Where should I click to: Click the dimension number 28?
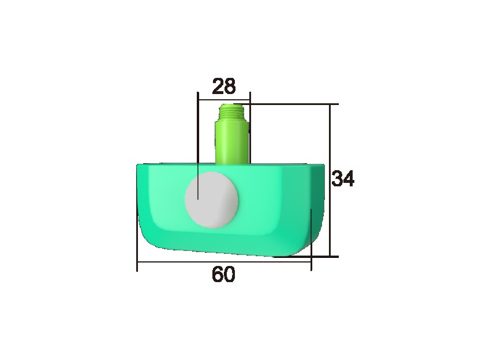[x=224, y=86]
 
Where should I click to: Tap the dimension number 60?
[x=223, y=275]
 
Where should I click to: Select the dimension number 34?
[x=343, y=179]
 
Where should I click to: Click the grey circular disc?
[x=211, y=199]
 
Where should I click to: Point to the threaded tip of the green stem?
[x=233, y=110]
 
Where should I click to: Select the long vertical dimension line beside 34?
[x=331, y=144]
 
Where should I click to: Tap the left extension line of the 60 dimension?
[x=137, y=242]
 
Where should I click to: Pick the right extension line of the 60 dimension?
[x=312, y=242]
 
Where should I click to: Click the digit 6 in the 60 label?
[x=218, y=275]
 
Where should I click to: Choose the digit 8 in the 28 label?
[x=230, y=86]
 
